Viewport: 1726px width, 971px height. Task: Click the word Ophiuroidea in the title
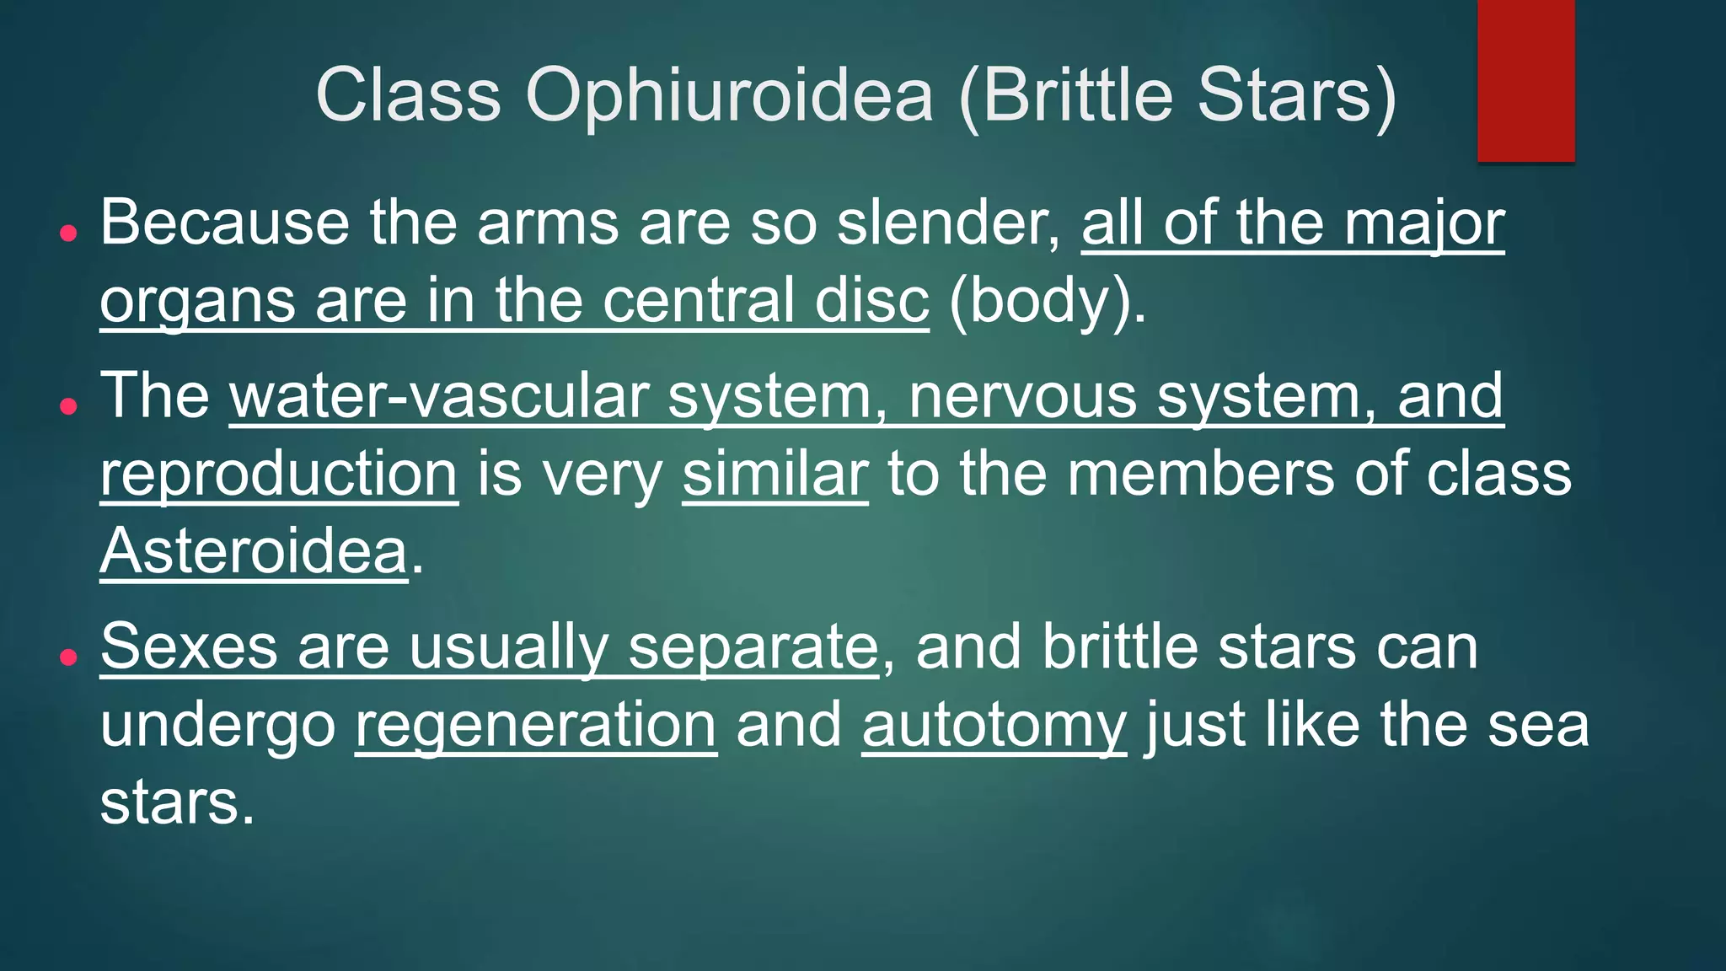point(730,94)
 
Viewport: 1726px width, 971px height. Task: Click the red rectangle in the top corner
point(1525,80)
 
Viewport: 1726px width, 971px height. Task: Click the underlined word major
point(1423,224)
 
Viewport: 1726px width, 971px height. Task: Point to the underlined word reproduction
point(279,474)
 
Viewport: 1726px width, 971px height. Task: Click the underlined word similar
point(775,474)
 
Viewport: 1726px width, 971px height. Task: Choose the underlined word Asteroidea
point(254,551)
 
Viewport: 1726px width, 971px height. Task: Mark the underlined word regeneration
point(535,726)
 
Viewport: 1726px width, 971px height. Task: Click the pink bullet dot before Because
point(69,233)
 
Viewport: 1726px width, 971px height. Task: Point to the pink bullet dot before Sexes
point(69,657)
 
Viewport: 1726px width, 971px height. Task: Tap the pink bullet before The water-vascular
point(69,406)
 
